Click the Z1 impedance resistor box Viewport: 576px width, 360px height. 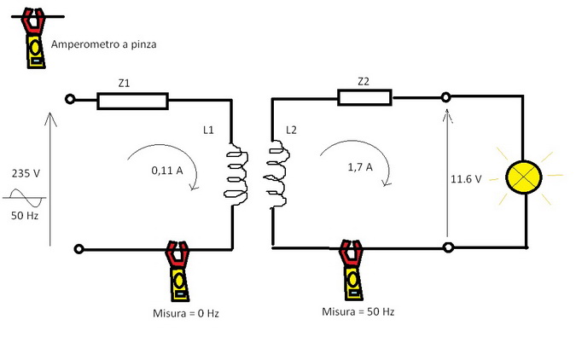(x=132, y=102)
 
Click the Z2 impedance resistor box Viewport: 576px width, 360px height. (x=364, y=97)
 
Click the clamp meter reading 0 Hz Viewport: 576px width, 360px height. (x=177, y=270)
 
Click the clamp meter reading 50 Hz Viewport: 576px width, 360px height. (x=349, y=270)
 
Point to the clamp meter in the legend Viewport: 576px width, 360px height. (x=34, y=39)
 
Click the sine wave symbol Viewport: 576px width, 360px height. (x=27, y=200)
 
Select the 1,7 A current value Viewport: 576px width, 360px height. (x=359, y=168)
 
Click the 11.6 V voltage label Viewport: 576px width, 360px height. (x=467, y=180)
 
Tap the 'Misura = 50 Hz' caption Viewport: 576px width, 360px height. (x=358, y=311)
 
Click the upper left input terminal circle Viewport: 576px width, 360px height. (x=72, y=100)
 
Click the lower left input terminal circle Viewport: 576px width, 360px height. (x=79, y=249)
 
